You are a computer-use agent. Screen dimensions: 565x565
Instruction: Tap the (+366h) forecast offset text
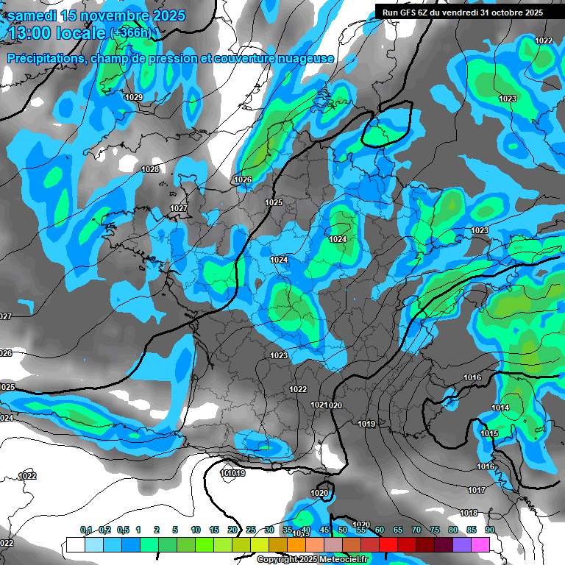[130, 32]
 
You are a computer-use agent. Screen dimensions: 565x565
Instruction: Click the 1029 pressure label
[134, 98]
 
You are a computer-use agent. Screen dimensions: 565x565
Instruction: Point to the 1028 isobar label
[150, 170]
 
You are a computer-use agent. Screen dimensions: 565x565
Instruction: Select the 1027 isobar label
[179, 209]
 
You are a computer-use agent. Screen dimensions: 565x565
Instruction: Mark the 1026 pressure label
[243, 180]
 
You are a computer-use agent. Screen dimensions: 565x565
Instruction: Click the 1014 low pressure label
[500, 408]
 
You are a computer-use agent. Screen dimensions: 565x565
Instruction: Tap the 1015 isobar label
[489, 434]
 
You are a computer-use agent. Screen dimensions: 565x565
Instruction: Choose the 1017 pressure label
[477, 491]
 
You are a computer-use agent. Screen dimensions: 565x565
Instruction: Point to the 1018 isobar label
[469, 514]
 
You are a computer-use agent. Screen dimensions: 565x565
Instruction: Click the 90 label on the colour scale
[489, 530]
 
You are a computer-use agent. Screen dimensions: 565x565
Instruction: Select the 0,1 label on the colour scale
[85, 530]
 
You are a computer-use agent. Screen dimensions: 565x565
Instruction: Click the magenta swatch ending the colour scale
[480, 544]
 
